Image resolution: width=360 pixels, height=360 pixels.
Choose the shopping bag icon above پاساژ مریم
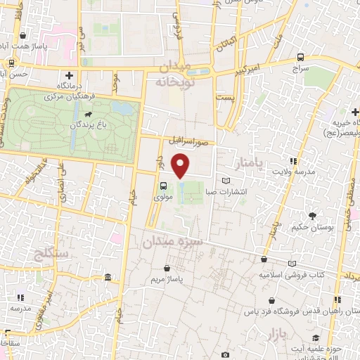click(x=167, y=268)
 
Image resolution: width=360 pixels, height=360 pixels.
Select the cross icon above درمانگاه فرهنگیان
click(x=69, y=75)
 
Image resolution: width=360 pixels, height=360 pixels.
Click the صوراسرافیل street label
click(x=189, y=141)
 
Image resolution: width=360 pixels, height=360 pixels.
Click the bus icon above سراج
click(x=301, y=57)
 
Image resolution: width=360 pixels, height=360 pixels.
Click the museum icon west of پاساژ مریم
click(x=106, y=278)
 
